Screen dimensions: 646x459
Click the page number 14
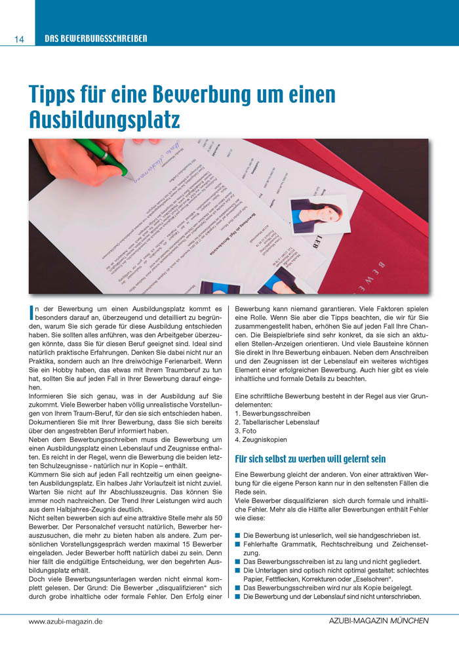18,39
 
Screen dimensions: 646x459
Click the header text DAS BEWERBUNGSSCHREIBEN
96,39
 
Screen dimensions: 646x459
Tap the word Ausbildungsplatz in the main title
104,119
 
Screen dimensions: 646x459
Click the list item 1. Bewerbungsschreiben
273,414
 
